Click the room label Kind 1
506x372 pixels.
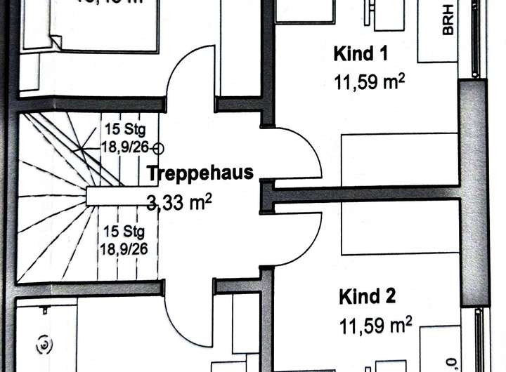point(361,53)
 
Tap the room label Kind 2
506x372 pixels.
point(367,296)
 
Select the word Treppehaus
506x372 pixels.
point(200,173)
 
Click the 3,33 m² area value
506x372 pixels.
point(179,204)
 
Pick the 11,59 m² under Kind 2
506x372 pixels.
point(375,325)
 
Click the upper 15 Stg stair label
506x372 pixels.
point(122,129)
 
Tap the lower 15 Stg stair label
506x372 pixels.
point(121,232)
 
